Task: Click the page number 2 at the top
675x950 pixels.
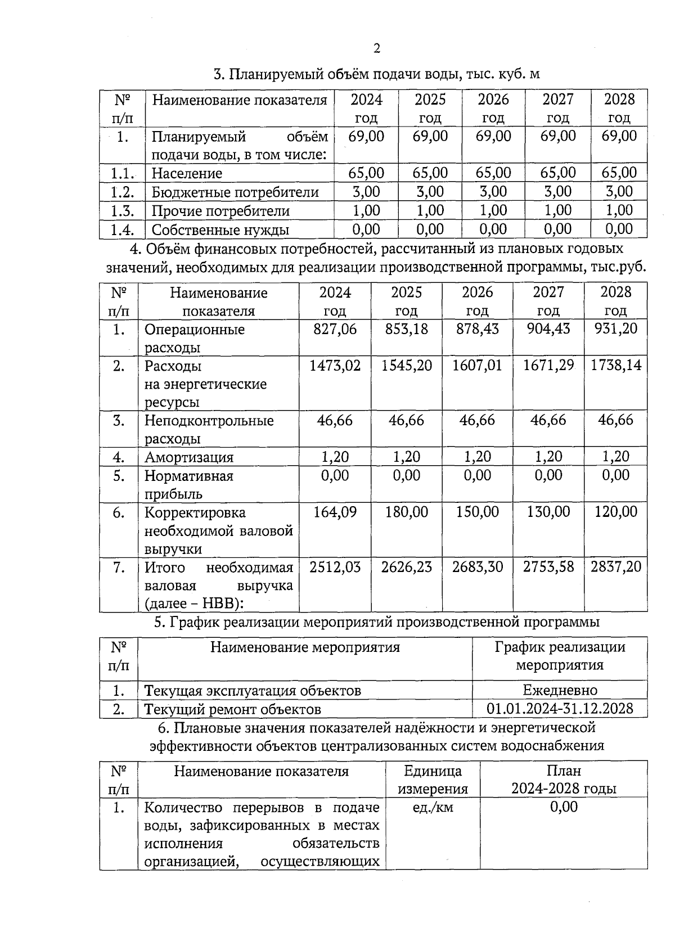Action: point(377,49)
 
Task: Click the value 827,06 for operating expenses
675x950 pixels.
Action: point(335,329)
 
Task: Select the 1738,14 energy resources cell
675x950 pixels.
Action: point(615,366)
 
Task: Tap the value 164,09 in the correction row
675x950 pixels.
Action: point(335,512)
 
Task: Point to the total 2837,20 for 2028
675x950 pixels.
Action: point(615,567)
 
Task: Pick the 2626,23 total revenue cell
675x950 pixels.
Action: point(406,567)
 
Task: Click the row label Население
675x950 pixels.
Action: point(187,173)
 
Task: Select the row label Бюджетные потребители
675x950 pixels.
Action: point(235,192)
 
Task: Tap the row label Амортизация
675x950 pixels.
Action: point(189,457)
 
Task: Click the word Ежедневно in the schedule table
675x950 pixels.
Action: point(560,690)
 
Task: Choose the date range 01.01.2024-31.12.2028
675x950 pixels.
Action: point(560,709)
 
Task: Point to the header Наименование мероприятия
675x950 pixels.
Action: point(305,647)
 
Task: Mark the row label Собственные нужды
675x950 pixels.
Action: point(220,230)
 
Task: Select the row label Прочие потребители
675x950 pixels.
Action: point(220,211)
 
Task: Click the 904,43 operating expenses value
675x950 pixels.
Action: point(548,329)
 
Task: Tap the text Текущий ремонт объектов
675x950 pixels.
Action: point(232,709)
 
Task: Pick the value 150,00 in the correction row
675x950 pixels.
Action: point(477,512)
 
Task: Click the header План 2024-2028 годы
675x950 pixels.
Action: point(564,780)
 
